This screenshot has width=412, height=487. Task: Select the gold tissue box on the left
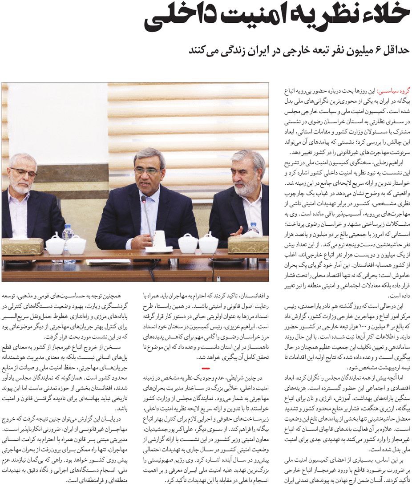22,246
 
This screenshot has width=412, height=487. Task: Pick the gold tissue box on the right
248,244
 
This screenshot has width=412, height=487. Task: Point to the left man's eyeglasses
24,172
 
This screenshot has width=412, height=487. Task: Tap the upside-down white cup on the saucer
159,241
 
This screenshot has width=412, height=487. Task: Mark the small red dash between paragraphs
206,368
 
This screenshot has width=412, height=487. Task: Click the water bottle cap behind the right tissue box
254,225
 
